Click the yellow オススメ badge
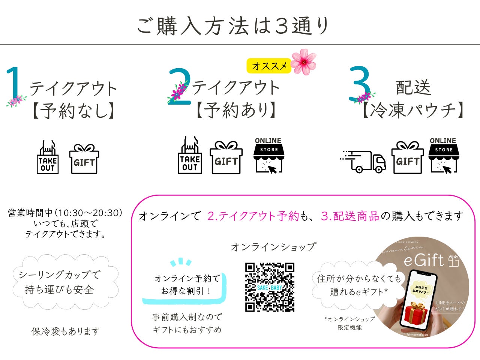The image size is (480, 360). click(x=269, y=66)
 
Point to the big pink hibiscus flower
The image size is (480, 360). click(x=304, y=61)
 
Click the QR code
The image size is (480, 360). click(x=270, y=287)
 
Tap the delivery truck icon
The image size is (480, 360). click(x=363, y=162)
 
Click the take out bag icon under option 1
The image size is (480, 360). click(x=48, y=157)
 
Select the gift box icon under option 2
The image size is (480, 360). click(x=226, y=157)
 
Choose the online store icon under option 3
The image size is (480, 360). click(x=444, y=156)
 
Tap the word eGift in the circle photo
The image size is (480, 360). click(x=424, y=260)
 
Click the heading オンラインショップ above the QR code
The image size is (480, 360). click(x=273, y=247)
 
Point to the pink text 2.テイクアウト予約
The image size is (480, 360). click(x=253, y=216)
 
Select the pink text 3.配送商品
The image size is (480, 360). click(x=350, y=216)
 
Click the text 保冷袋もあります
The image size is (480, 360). click(x=66, y=331)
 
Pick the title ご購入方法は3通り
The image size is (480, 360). click(x=233, y=26)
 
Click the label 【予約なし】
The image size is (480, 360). click(x=73, y=111)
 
